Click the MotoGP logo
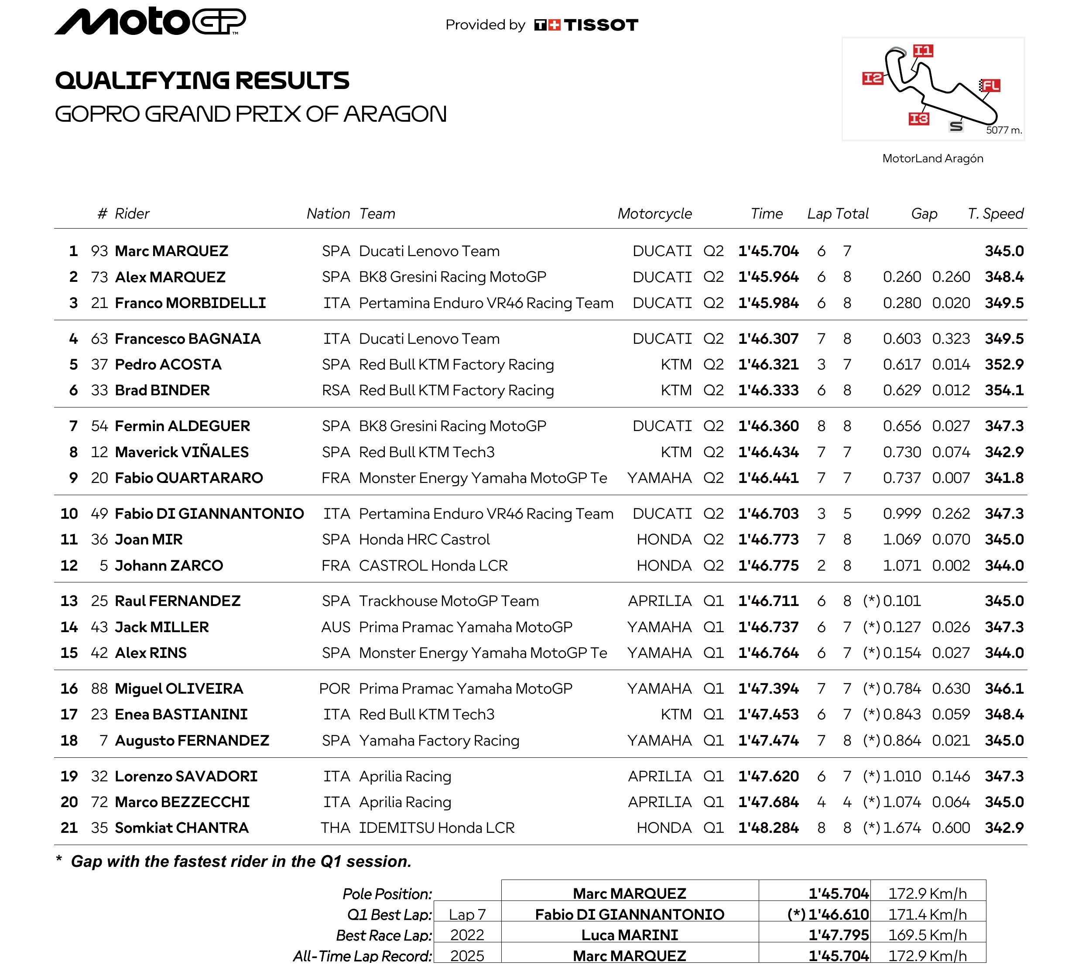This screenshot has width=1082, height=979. click(150, 21)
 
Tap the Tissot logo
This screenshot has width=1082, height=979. click(586, 25)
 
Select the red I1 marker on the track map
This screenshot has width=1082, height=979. click(923, 51)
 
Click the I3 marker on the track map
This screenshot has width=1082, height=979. click(918, 119)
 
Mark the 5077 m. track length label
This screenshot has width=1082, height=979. click(1003, 130)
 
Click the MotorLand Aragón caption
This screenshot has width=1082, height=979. click(932, 158)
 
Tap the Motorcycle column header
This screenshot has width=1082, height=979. click(654, 214)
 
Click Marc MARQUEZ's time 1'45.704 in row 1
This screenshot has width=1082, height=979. click(768, 251)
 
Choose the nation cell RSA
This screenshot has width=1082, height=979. click(336, 390)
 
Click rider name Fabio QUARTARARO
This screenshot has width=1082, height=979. click(189, 478)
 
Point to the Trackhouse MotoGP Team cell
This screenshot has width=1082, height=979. click(449, 601)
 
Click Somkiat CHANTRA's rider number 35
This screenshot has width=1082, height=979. click(99, 828)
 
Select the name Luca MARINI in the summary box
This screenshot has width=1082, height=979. click(629, 935)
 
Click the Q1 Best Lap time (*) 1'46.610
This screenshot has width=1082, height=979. click(828, 914)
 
